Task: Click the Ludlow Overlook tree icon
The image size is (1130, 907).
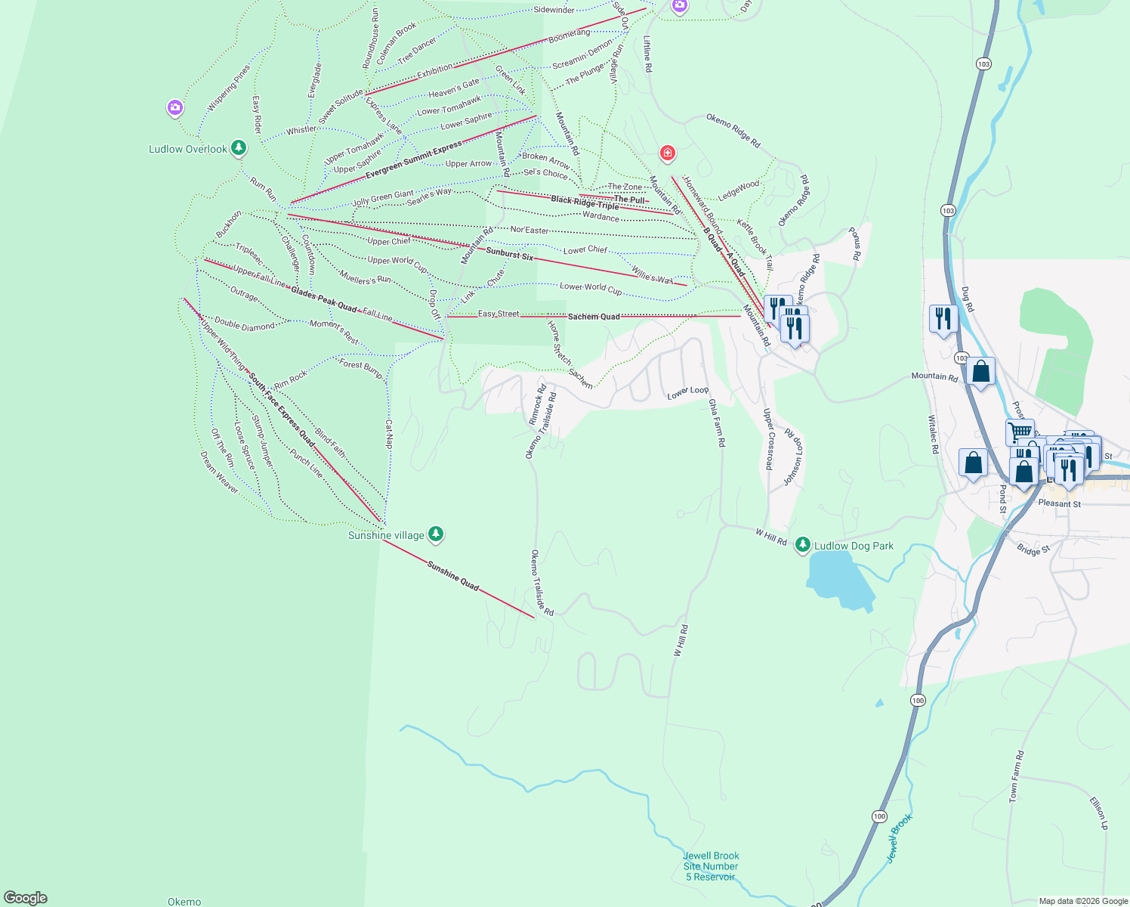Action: (x=239, y=147)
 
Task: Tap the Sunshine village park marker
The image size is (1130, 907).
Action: (x=435, y=534)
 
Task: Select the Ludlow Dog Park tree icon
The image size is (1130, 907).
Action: (x=802, y=545)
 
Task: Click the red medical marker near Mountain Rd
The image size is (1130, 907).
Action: (x=667, y=153)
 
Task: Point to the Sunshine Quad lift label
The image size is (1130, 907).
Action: (x=453, y=575)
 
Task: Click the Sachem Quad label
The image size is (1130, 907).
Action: (x=594, y=317)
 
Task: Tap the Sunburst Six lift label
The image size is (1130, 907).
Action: (x=509, y=254)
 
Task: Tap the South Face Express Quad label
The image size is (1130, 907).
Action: (x=282, y=409)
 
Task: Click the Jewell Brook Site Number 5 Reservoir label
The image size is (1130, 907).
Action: (x=711, y=866)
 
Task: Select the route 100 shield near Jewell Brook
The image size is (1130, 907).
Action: (x=878, y=816)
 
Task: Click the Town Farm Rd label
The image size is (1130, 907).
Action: (x=1017, y=776)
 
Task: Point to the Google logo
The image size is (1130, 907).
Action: (x=26, y=898)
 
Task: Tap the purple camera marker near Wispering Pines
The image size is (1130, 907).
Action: (x=175, y=108)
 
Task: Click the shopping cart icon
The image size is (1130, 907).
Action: (x=1019, y=432)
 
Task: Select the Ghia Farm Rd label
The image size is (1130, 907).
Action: (x=717, y=423)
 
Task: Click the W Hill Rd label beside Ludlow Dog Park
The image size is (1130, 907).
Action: (x=771, y=537)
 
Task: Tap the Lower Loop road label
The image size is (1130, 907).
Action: (x=688, y=392)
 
